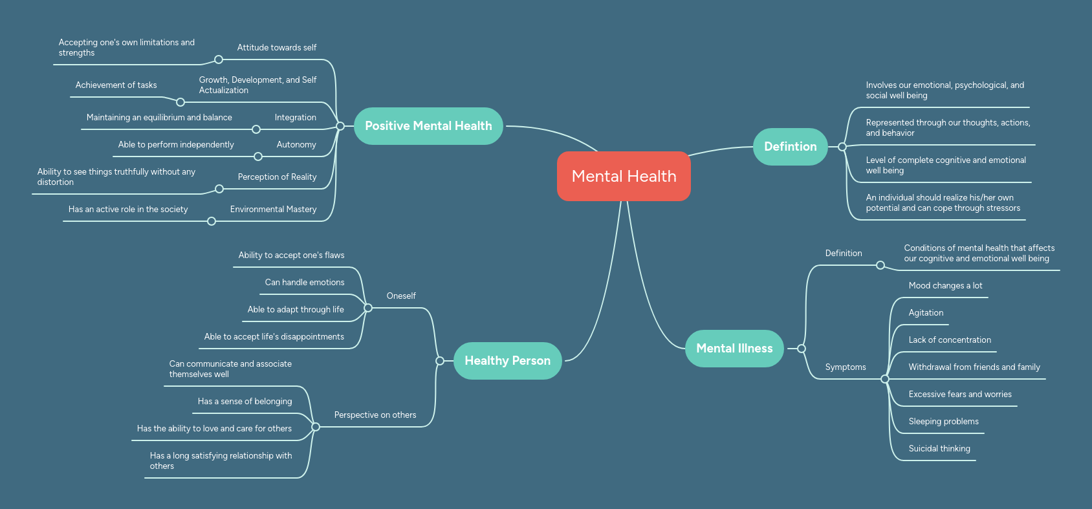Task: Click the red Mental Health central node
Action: tap(624, 176)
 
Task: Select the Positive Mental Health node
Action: tap(428, 126)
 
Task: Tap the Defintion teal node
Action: tap(790, 147)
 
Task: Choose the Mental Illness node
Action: tap(734, 349)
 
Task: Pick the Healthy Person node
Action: tap(507, 361)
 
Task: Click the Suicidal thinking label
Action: tap(939, 449)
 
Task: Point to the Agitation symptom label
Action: tap(925, 313)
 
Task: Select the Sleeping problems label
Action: tap(943, 422)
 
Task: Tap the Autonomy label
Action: tap(296, 145)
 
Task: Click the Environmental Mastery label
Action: tap(273, 210)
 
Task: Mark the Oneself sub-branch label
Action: tap(401, 296)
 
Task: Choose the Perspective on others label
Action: tap(375, 415)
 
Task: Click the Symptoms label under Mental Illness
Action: tap(845, 367)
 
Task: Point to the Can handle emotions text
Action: tap(305, 283)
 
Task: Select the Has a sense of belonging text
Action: tap(245, 402)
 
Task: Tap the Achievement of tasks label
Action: tap(116, 85)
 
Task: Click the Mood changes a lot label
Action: tap(945, 286)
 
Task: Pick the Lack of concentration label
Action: tap(949, 340)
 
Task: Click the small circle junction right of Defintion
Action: tap(842, 147)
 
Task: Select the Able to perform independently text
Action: tap(176, 145)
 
